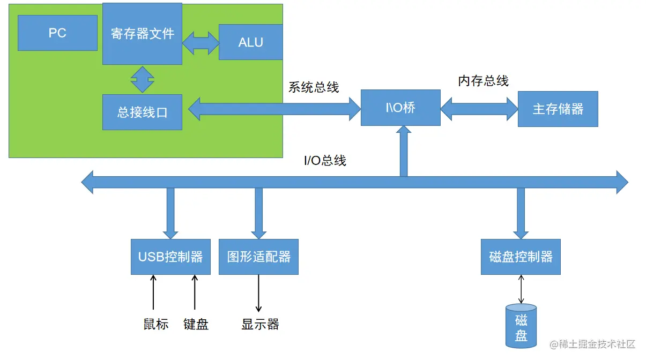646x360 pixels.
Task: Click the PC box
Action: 57,33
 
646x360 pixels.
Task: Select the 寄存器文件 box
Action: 142,34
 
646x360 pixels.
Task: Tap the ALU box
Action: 250,42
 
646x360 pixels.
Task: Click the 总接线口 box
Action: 142,112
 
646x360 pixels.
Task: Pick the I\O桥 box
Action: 400,108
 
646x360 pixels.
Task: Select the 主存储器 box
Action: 558,109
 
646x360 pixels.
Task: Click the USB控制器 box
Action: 170,257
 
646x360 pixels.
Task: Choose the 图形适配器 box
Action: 258,257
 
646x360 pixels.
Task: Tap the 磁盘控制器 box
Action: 521,257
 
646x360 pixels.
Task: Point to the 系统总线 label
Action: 314,87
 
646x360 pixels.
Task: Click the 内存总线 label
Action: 483,81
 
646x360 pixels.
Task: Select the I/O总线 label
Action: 325,160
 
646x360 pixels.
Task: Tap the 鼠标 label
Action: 155,324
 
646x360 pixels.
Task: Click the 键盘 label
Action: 196,324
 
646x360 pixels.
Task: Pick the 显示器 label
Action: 260,324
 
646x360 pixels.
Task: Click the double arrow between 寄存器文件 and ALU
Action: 201,42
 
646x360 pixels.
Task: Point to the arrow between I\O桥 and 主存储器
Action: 479,108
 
